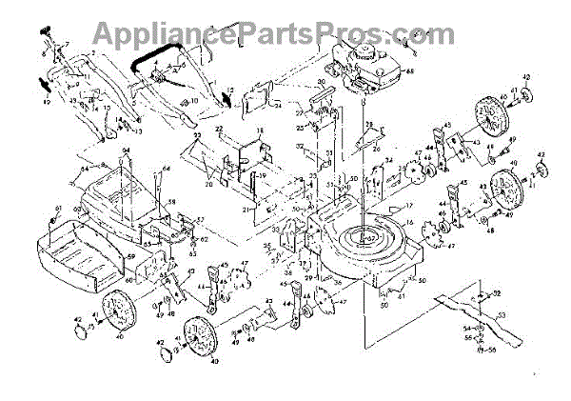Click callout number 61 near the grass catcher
tap(58, 209)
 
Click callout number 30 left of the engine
tap(321, 83)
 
